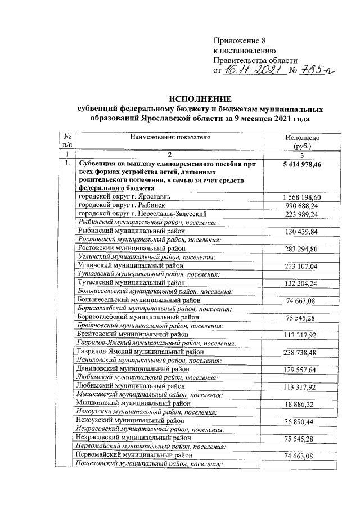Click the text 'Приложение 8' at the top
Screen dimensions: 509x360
coord(238,40)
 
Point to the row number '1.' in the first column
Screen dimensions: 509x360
coord(67,164)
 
